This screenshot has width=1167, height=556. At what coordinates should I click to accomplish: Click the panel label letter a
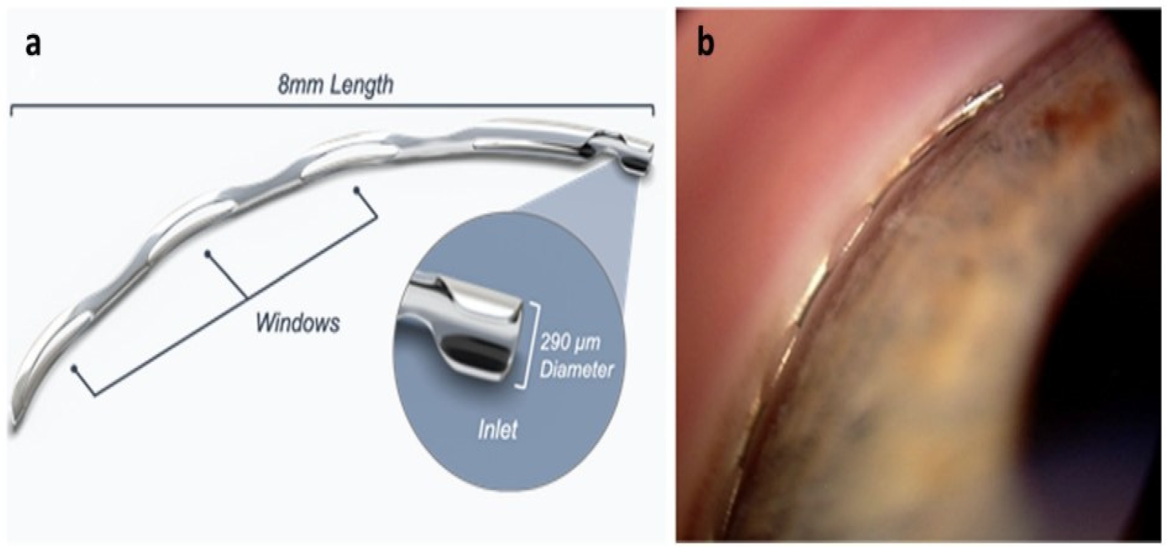(x=33, y=45)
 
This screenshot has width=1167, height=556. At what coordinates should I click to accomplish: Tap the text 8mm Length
(x=335, y=86)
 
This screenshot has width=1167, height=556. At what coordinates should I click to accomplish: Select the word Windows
(x=298, y=324)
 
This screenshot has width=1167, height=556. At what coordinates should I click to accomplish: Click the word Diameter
(x=576, y=370)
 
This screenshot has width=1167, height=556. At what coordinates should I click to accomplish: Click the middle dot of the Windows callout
(x=207, y=252)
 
